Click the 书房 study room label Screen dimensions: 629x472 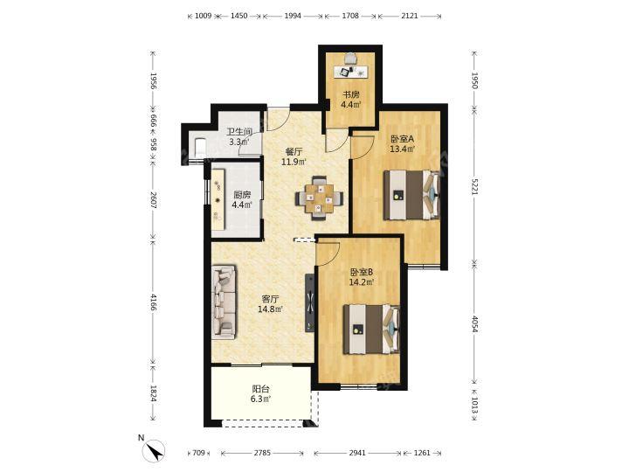point(350,95)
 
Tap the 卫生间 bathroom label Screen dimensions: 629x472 point(239,132)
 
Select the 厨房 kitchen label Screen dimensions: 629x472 point(242,195)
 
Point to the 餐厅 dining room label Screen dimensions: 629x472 point(294,152)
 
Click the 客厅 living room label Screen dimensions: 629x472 point(270,300)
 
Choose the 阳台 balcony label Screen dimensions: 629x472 point(260,389)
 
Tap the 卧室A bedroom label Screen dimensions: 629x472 point(402,139)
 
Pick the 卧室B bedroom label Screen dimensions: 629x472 point(361,272)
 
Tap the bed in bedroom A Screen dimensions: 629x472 point(411,195)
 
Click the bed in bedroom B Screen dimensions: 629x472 point(371,330)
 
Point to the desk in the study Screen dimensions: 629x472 point(351,72)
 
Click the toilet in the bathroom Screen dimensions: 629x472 point(199,146)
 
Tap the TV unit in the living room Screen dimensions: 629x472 point(309,302)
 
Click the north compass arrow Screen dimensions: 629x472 point(155,450)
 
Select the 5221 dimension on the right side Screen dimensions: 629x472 point(475,187)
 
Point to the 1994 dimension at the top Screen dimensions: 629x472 point(293,16)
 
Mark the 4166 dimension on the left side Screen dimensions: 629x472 point(152,302)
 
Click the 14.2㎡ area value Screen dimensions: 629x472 point(362,282)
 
